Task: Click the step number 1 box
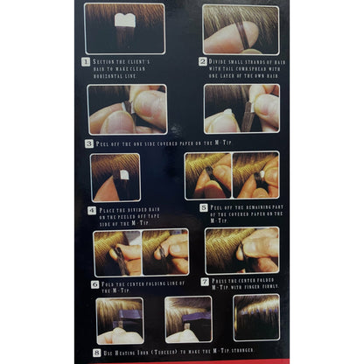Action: pyautogui.click(x=86, y=63)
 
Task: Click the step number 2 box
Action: pyautogui.click(x=203, y=63)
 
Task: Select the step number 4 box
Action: pyautogui.click(x=92, y=210)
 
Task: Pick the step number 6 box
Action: pyautogui.click(x=94, y=284)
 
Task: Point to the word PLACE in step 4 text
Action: pyautogui.click(x=111, y=210)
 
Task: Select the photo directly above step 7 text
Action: pyautogui.click(x=241, y=251)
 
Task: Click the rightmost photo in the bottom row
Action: pyautogui.click(x=256, y=318)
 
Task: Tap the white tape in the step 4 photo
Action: pyautogui.click(x=123, y=175)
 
